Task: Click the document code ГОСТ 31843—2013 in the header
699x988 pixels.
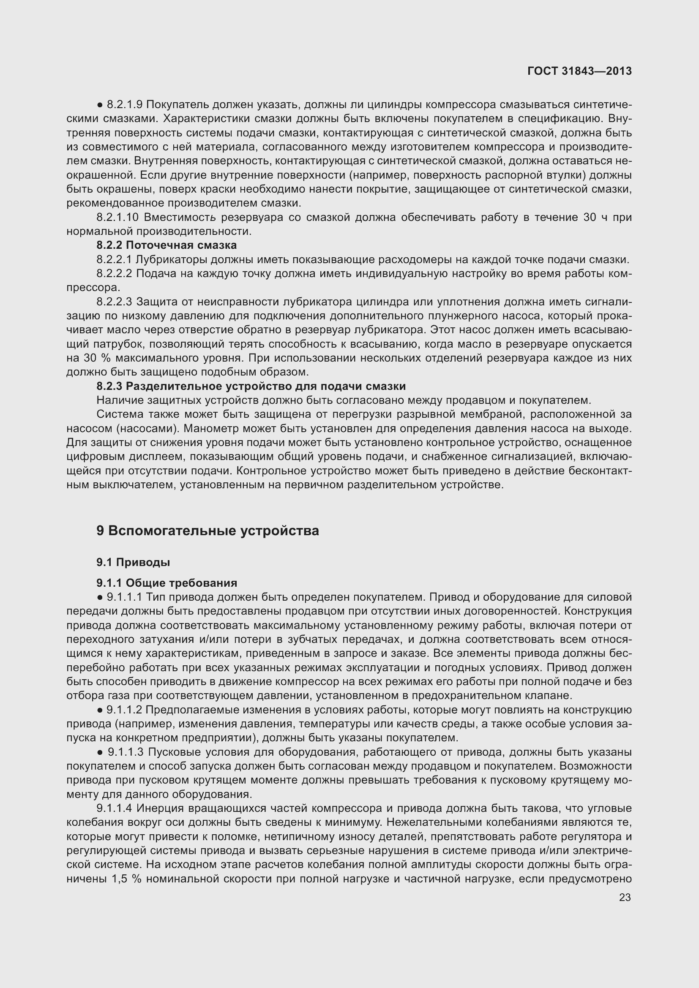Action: tap(579, 71)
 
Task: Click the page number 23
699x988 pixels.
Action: tap(625, 897)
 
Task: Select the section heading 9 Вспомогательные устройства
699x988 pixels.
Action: tap(208, 531)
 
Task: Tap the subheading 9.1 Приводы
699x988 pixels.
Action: tap(133, 562)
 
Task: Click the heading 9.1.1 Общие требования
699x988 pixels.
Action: tap(167, 582)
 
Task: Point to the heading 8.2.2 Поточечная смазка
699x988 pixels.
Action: tap(166, 245)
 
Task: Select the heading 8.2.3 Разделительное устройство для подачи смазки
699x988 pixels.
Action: tap(251, 386)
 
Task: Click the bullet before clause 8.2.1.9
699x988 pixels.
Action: tap(100, 105)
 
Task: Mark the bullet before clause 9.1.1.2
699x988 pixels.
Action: tap(100, 710)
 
